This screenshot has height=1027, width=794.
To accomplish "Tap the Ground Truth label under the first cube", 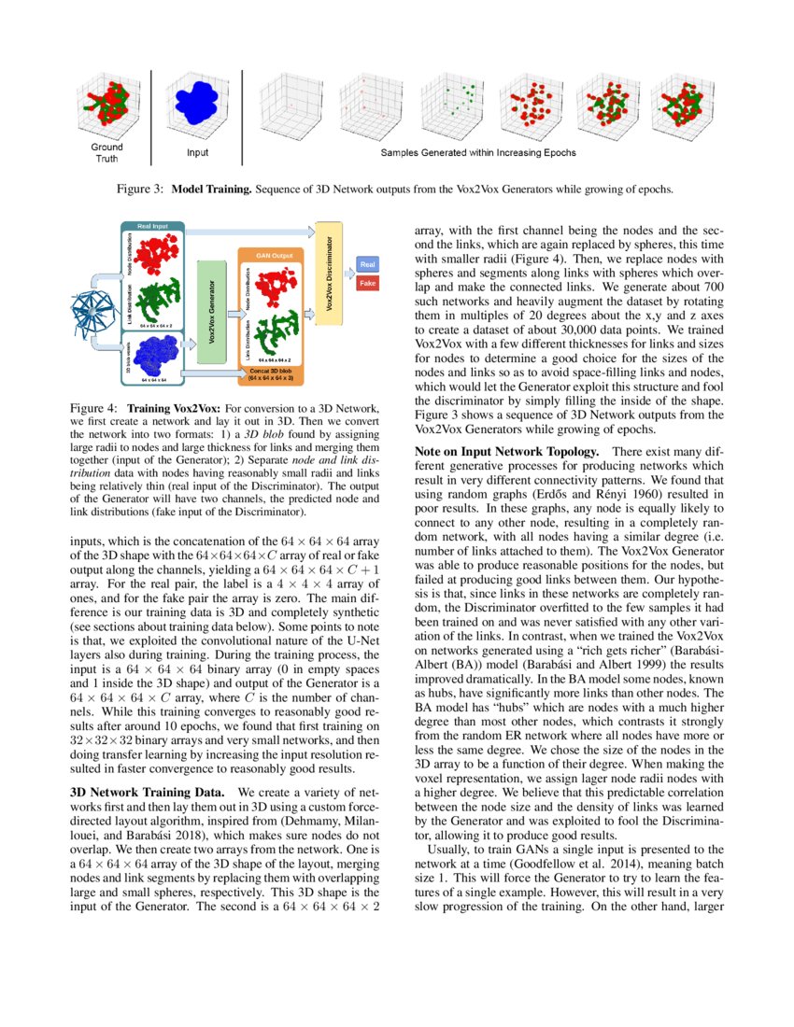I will point(106,152).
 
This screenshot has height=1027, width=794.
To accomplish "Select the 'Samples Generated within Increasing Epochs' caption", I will point(477,152).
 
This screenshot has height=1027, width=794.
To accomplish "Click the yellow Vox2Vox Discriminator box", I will point(328,272).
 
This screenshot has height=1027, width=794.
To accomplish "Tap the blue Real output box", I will point(367,264).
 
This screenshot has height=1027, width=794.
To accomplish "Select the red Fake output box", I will point(367,282).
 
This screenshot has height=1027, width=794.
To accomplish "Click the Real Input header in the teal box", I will point(152,227).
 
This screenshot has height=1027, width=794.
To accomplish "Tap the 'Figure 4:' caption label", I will point(94,409).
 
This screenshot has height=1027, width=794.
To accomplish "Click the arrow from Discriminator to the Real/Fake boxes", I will point(347,273).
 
